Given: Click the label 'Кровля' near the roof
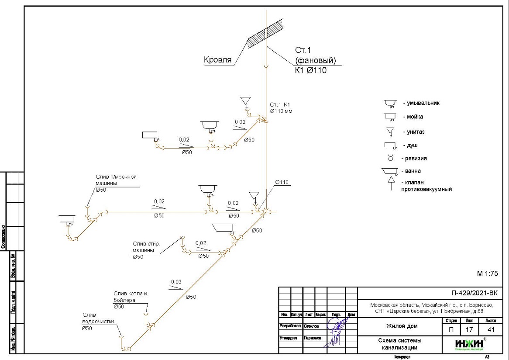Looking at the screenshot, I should coord(217,60).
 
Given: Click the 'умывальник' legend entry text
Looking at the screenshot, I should coord(423,104).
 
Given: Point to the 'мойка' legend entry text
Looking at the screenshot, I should coord(415,117).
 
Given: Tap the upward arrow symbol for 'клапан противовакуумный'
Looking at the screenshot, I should coord(391,182).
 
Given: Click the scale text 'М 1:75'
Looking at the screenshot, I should coord(487,274).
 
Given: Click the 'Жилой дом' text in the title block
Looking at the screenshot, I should coord(402,326).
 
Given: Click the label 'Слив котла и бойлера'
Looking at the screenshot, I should coord(131,297).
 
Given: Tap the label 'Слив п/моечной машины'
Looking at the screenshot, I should coord(116,180).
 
